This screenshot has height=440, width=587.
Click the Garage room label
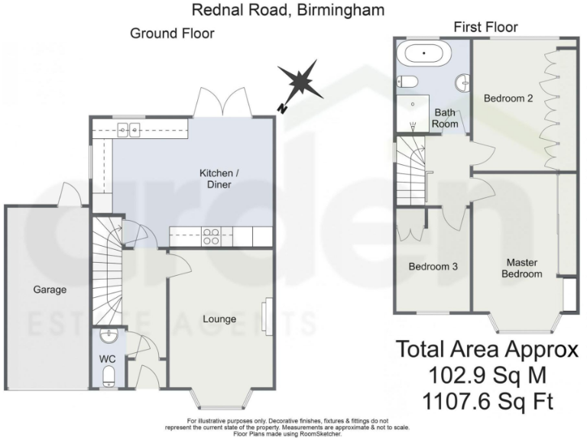(x=50, y=290)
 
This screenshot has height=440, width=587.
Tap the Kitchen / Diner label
(x=219, y=180)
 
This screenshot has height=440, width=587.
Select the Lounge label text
(x=219, y=319)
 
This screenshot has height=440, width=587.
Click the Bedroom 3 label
(x=433, y=267)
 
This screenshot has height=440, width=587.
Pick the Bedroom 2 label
(x=508, y=99)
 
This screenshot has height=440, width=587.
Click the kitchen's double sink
(x=128, y=130)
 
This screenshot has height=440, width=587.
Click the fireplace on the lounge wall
(x=265, y=317)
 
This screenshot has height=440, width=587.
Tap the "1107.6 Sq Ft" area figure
(x=486, y=401)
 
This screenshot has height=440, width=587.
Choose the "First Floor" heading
(x=485, y=27)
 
